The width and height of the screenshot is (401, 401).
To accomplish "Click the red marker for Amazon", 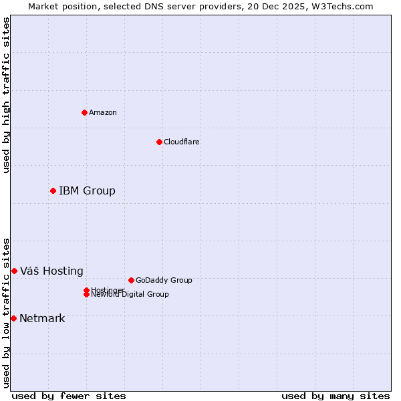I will (x=84, y=112).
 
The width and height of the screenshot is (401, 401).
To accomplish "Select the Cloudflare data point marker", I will (x=159, y=142).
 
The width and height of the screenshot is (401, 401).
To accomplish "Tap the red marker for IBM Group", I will (x=53, y=191).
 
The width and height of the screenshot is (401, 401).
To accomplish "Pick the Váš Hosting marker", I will (x=14, y=271).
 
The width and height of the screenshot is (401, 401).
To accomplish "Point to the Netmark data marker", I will (x=13, y=318).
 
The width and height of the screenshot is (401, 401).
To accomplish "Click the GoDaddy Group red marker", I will (x=131, y=280).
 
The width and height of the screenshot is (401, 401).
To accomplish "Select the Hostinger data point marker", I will (x=86, y=290).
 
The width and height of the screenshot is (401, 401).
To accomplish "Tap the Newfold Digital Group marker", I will (x=86, y=295).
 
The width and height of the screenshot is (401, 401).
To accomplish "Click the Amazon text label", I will (x=103, y=112).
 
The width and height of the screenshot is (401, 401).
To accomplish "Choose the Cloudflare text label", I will (x=182, y=142).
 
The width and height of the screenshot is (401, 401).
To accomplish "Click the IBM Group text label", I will (x=87, y=191).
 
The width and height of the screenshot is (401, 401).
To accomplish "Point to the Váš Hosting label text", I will (x=51, y=271).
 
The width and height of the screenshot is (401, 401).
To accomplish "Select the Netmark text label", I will (x=42, y=318).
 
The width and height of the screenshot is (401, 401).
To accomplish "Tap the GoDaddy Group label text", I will (x=164, y=280).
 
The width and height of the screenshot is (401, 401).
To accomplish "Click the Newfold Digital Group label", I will (x=130, y=295).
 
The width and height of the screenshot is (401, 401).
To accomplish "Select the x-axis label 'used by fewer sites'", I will (x=69, y=396).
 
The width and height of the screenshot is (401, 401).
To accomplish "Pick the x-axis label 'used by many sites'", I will (x=336, y=396).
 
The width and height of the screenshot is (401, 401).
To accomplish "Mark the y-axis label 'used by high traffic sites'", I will (x=6, y=95).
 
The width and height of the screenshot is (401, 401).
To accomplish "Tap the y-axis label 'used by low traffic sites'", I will (x=6, y=313).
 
